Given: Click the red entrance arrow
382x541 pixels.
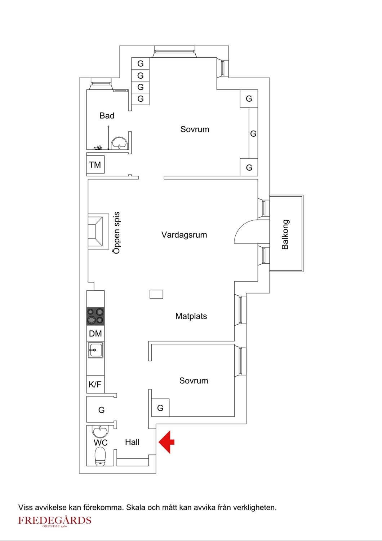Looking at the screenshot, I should tap(166, 442).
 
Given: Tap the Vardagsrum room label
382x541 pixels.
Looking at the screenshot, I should tap(184, 235).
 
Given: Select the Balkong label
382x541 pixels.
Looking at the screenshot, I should tap(285, 234).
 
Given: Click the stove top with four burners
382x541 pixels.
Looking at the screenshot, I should tap(95, 316).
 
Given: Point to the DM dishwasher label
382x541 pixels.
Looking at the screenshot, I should tap(95, 334).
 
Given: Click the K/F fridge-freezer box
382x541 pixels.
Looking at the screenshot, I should tap(95, 384).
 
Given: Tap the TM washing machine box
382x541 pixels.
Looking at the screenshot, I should tap(95, 165).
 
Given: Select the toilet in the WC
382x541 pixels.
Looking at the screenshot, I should tap(100, 457).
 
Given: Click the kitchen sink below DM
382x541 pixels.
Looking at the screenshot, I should tap(96, 350).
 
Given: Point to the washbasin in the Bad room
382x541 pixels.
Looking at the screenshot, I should tap(119, 143).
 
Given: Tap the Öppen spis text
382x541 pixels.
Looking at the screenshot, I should tap(116, 233).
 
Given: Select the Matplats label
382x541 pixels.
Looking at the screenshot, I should tap(191, 316).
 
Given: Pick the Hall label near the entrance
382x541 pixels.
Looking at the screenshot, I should tap(132, 442).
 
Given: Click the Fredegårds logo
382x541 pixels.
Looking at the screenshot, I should tap(55, 521).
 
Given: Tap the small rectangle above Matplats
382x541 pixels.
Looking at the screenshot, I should tap(156, 294).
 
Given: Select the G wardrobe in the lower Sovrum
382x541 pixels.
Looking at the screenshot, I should tap(160, 408).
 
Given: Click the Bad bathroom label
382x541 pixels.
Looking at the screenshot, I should tap(107, 116).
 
